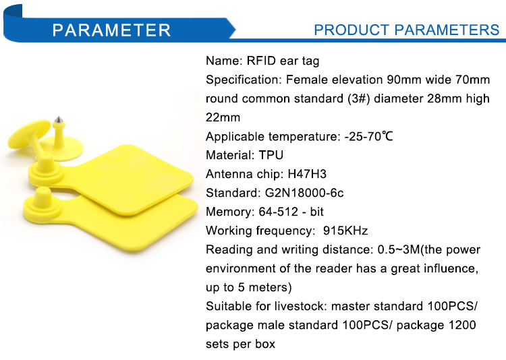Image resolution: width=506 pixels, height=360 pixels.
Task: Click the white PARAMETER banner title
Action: click(111, 30)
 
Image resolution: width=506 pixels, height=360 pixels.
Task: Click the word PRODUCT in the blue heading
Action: click(352, 30)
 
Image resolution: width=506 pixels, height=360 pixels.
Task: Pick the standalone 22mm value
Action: click(223, 117)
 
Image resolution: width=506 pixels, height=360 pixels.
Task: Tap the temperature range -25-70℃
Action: click(369, 136)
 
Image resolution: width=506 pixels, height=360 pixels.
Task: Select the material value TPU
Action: click(271, 155)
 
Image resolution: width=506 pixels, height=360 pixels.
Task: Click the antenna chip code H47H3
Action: click(307, 174)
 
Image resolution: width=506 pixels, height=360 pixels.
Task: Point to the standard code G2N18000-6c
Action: click(304, 193)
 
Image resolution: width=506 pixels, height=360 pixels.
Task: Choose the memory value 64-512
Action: click(279, 212)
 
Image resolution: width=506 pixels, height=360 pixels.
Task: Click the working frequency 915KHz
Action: click(345, 231)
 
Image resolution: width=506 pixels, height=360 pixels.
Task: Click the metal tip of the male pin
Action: click(59, 120)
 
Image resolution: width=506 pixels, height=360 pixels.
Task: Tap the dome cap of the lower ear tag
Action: click(43, 198)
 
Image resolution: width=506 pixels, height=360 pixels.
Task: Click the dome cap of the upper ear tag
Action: click(46, 163)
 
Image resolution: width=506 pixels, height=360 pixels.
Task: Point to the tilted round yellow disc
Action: click(29, 134)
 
